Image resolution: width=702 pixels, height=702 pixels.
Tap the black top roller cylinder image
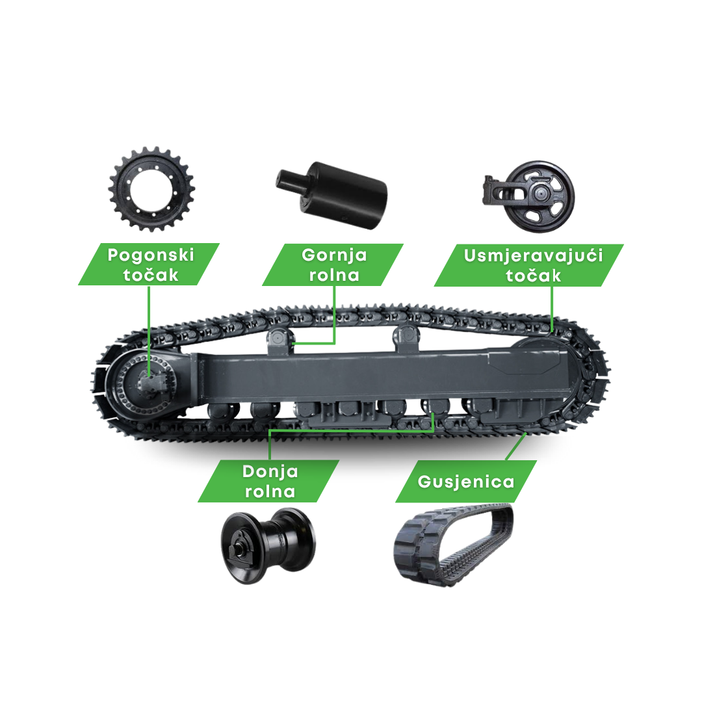(331, 195)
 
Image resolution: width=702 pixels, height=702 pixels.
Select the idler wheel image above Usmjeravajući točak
(528, 196)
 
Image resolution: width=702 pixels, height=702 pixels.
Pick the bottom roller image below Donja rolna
(268, 545)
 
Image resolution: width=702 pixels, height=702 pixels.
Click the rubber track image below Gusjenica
(454, 545)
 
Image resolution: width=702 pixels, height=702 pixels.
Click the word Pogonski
(151, 255)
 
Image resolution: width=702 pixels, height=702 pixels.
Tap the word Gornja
(334, 255)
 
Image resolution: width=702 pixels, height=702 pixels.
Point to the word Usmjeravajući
(533, 256)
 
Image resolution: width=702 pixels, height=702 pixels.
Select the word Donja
(270, 471)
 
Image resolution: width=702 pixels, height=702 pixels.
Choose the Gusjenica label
(466, 482)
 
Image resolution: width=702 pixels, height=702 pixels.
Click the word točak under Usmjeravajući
(533, 276)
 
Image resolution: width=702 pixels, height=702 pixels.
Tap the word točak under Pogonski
(151, 275)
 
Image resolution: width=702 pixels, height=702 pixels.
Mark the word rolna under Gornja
(334, 275)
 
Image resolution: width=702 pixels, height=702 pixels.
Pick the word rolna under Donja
(270, 491)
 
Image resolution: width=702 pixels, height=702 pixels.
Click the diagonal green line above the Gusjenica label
(515, 446)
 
